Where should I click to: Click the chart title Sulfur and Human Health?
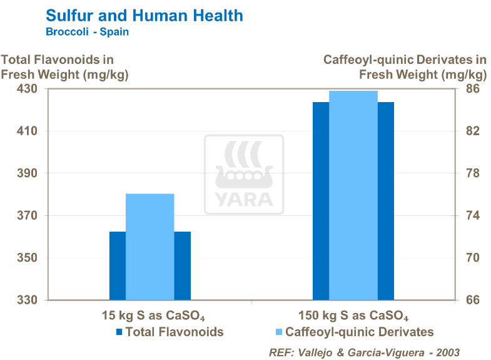144,14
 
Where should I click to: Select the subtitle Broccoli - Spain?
88,32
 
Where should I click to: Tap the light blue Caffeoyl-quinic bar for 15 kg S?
150,247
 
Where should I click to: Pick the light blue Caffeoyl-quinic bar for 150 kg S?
353,195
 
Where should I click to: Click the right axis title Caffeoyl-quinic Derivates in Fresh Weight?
405,67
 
